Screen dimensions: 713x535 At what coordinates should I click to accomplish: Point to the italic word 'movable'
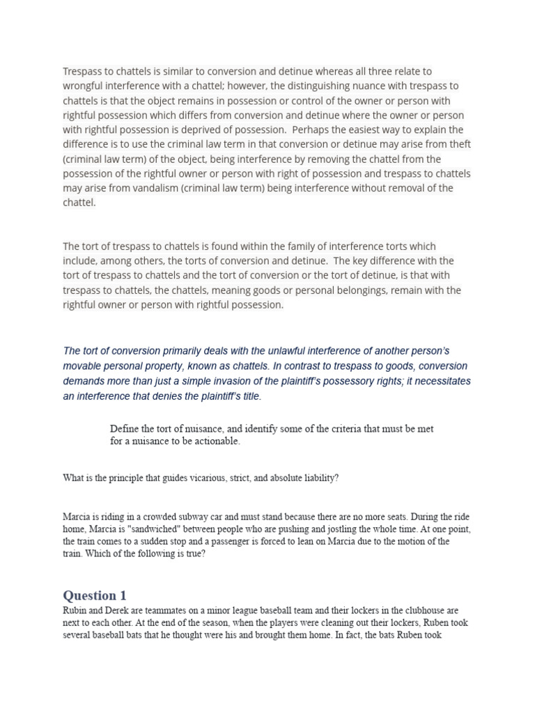(x=82, y=366)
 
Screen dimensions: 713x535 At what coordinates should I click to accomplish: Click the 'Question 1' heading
(x=95, y=595)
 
